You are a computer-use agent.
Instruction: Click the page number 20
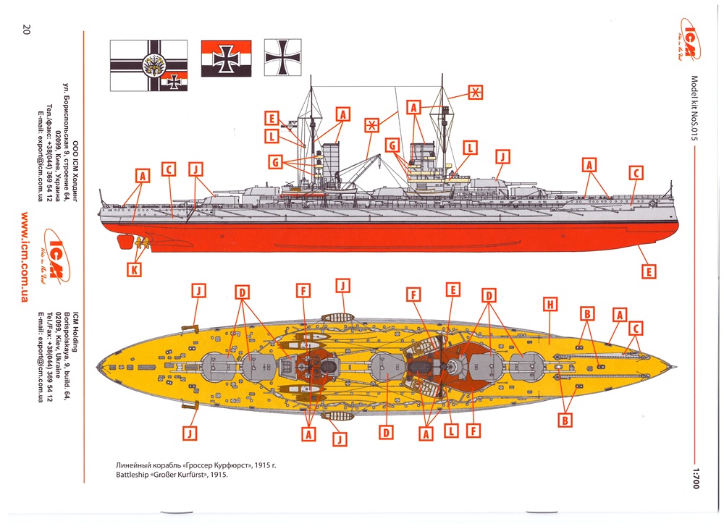pos(26,30)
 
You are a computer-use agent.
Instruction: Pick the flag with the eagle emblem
pos(148,65)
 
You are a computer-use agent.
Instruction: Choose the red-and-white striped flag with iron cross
pos(227,58)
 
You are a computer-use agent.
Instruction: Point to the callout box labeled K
pos(135,270)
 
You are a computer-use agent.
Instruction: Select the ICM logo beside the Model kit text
pos(693,43)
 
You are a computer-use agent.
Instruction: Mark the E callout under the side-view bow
pos(649,271)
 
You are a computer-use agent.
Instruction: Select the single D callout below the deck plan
pos(387,433)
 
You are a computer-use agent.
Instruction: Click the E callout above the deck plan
pos(452,290)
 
